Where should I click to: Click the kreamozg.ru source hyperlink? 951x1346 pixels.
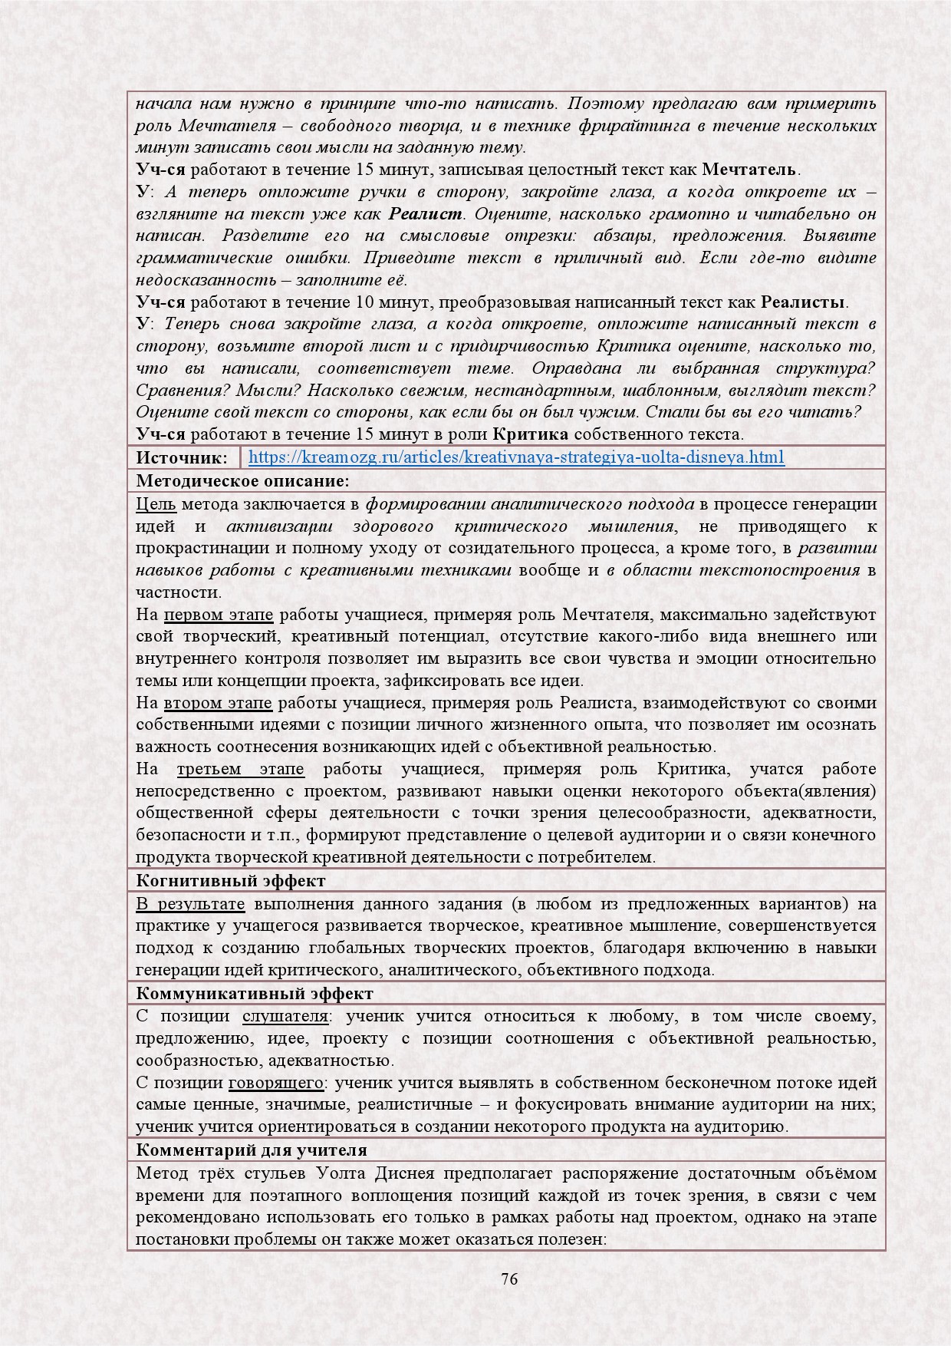coord(516,458)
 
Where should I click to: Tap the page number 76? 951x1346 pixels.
coord(509,1279)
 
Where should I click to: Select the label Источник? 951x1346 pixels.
coord(182,458)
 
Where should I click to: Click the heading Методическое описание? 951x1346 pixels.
coord(242,481)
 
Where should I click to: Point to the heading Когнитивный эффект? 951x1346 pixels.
coord(230,881)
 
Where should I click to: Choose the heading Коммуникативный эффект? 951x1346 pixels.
coord(255,994)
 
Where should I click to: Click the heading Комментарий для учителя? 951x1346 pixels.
coord(252,1150)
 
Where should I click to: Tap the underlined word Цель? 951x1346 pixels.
coord(156,504)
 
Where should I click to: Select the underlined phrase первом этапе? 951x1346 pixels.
coord(219,615)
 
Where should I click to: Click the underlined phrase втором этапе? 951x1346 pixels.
coord(218,703)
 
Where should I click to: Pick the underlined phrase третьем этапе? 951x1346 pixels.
coord(240,769)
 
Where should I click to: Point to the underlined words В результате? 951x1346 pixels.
coord(190,904)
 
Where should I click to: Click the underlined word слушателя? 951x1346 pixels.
coord(285,1017)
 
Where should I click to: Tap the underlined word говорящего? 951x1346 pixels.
coord(276,1083)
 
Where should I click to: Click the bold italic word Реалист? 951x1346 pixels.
coord(425,214)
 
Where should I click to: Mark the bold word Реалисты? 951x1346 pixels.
coord(803,302)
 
